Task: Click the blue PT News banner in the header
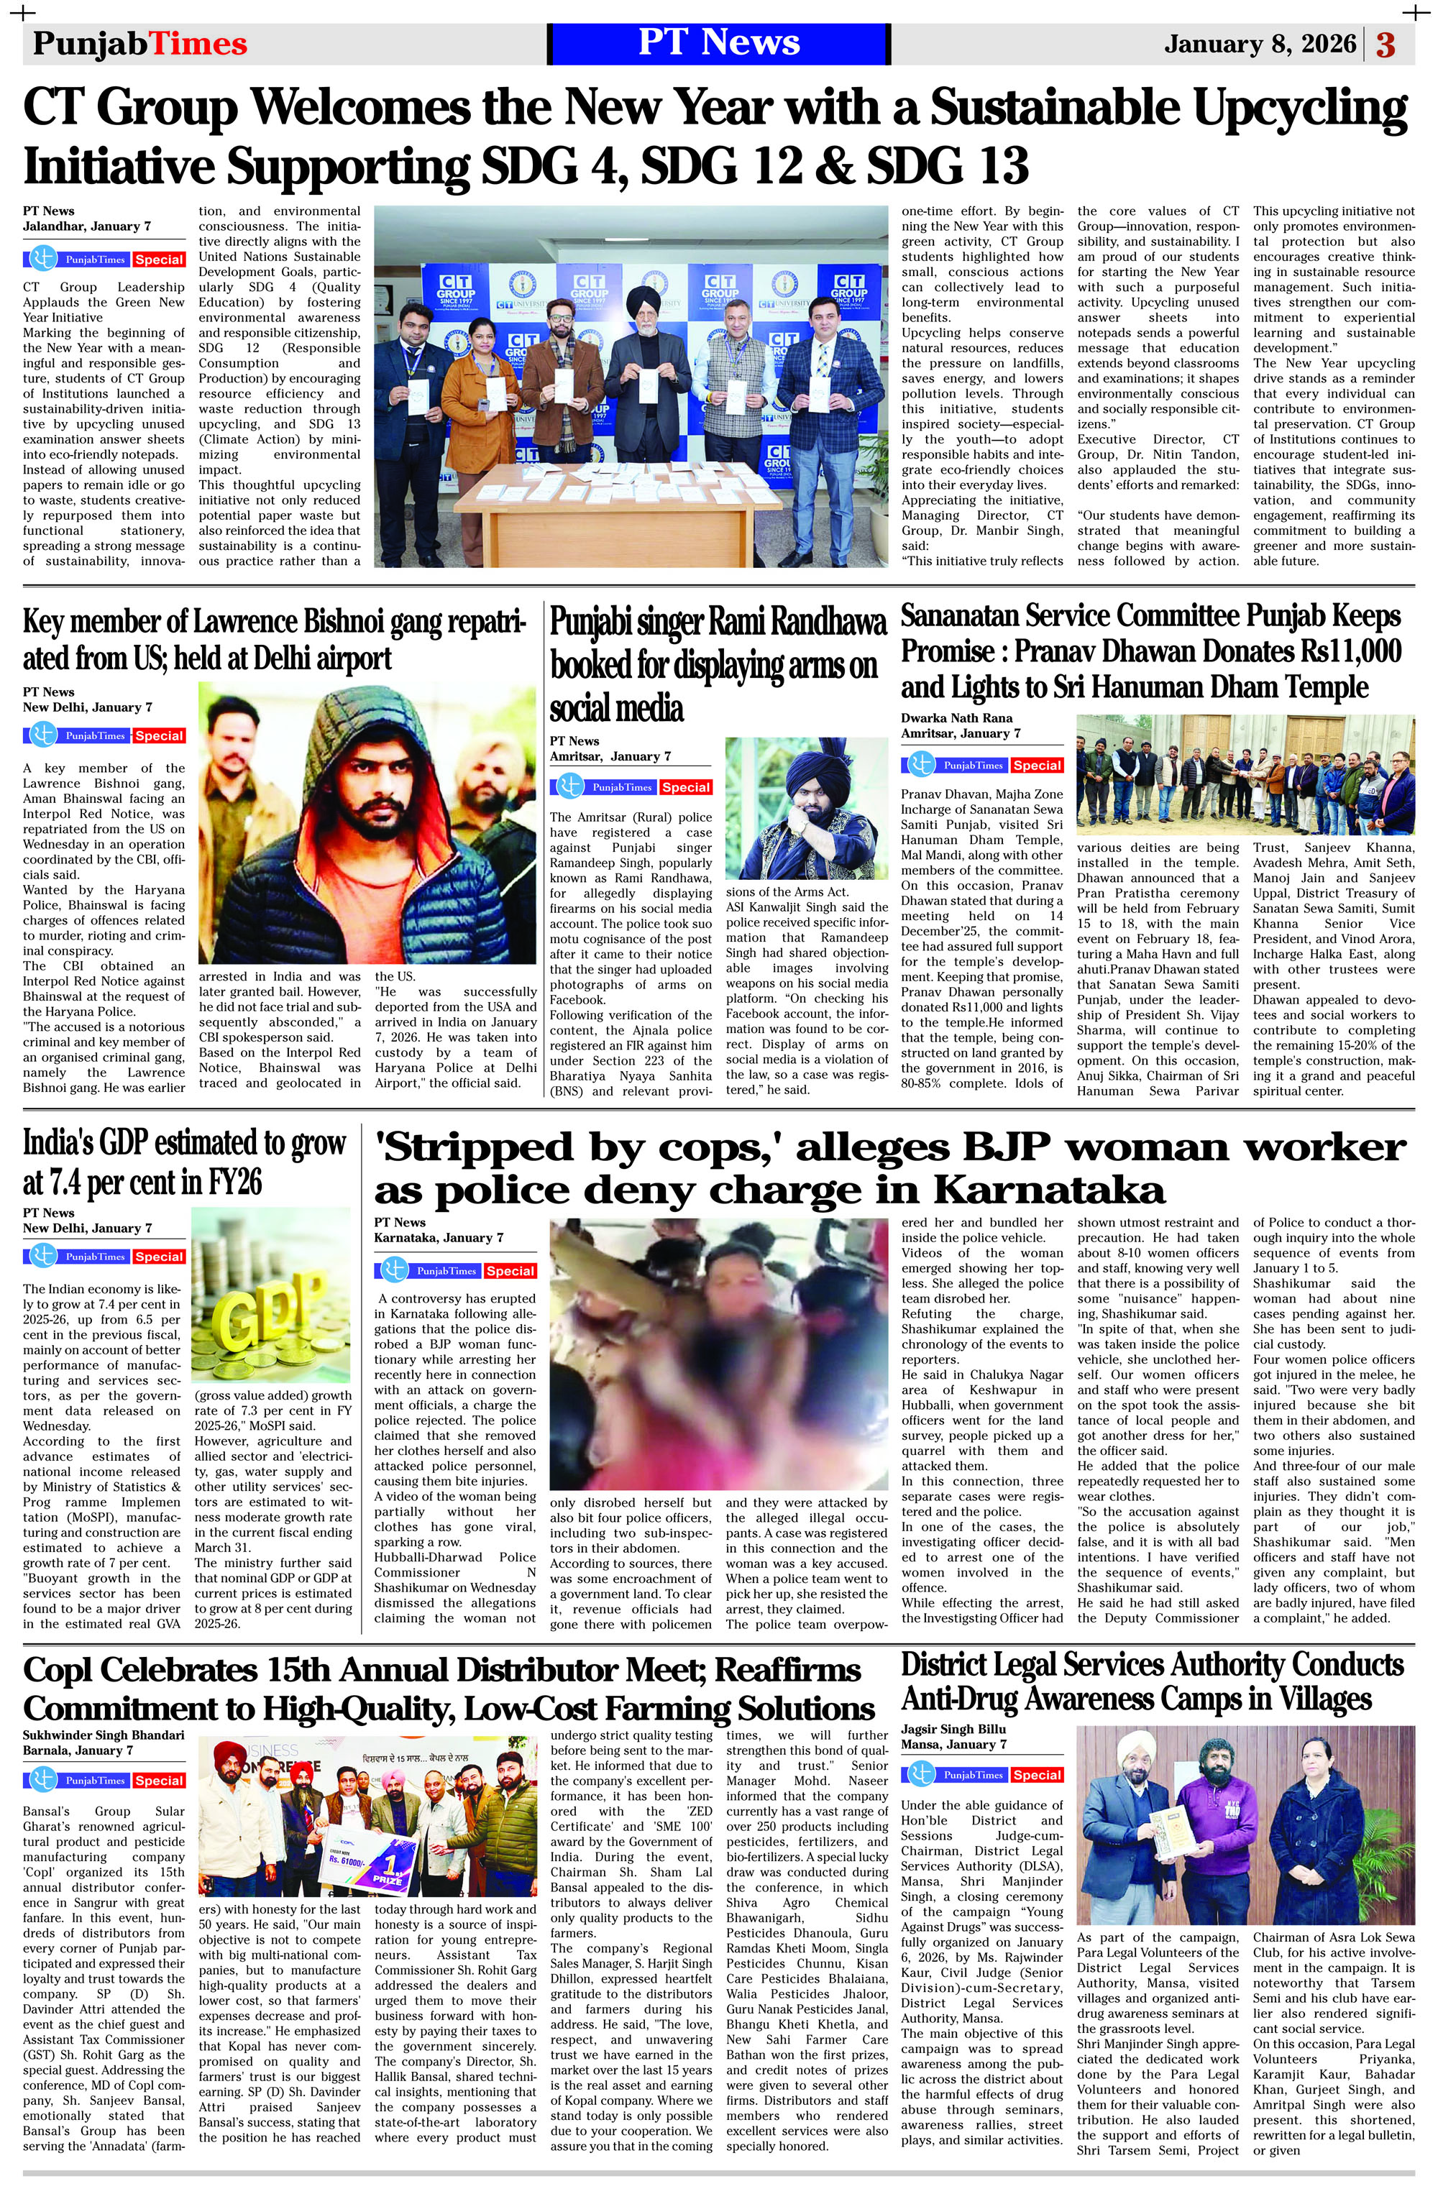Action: (x=718, y=43)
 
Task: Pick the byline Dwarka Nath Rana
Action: (x=956, y=718)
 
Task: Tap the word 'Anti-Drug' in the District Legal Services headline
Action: (x=979, y=1699)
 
